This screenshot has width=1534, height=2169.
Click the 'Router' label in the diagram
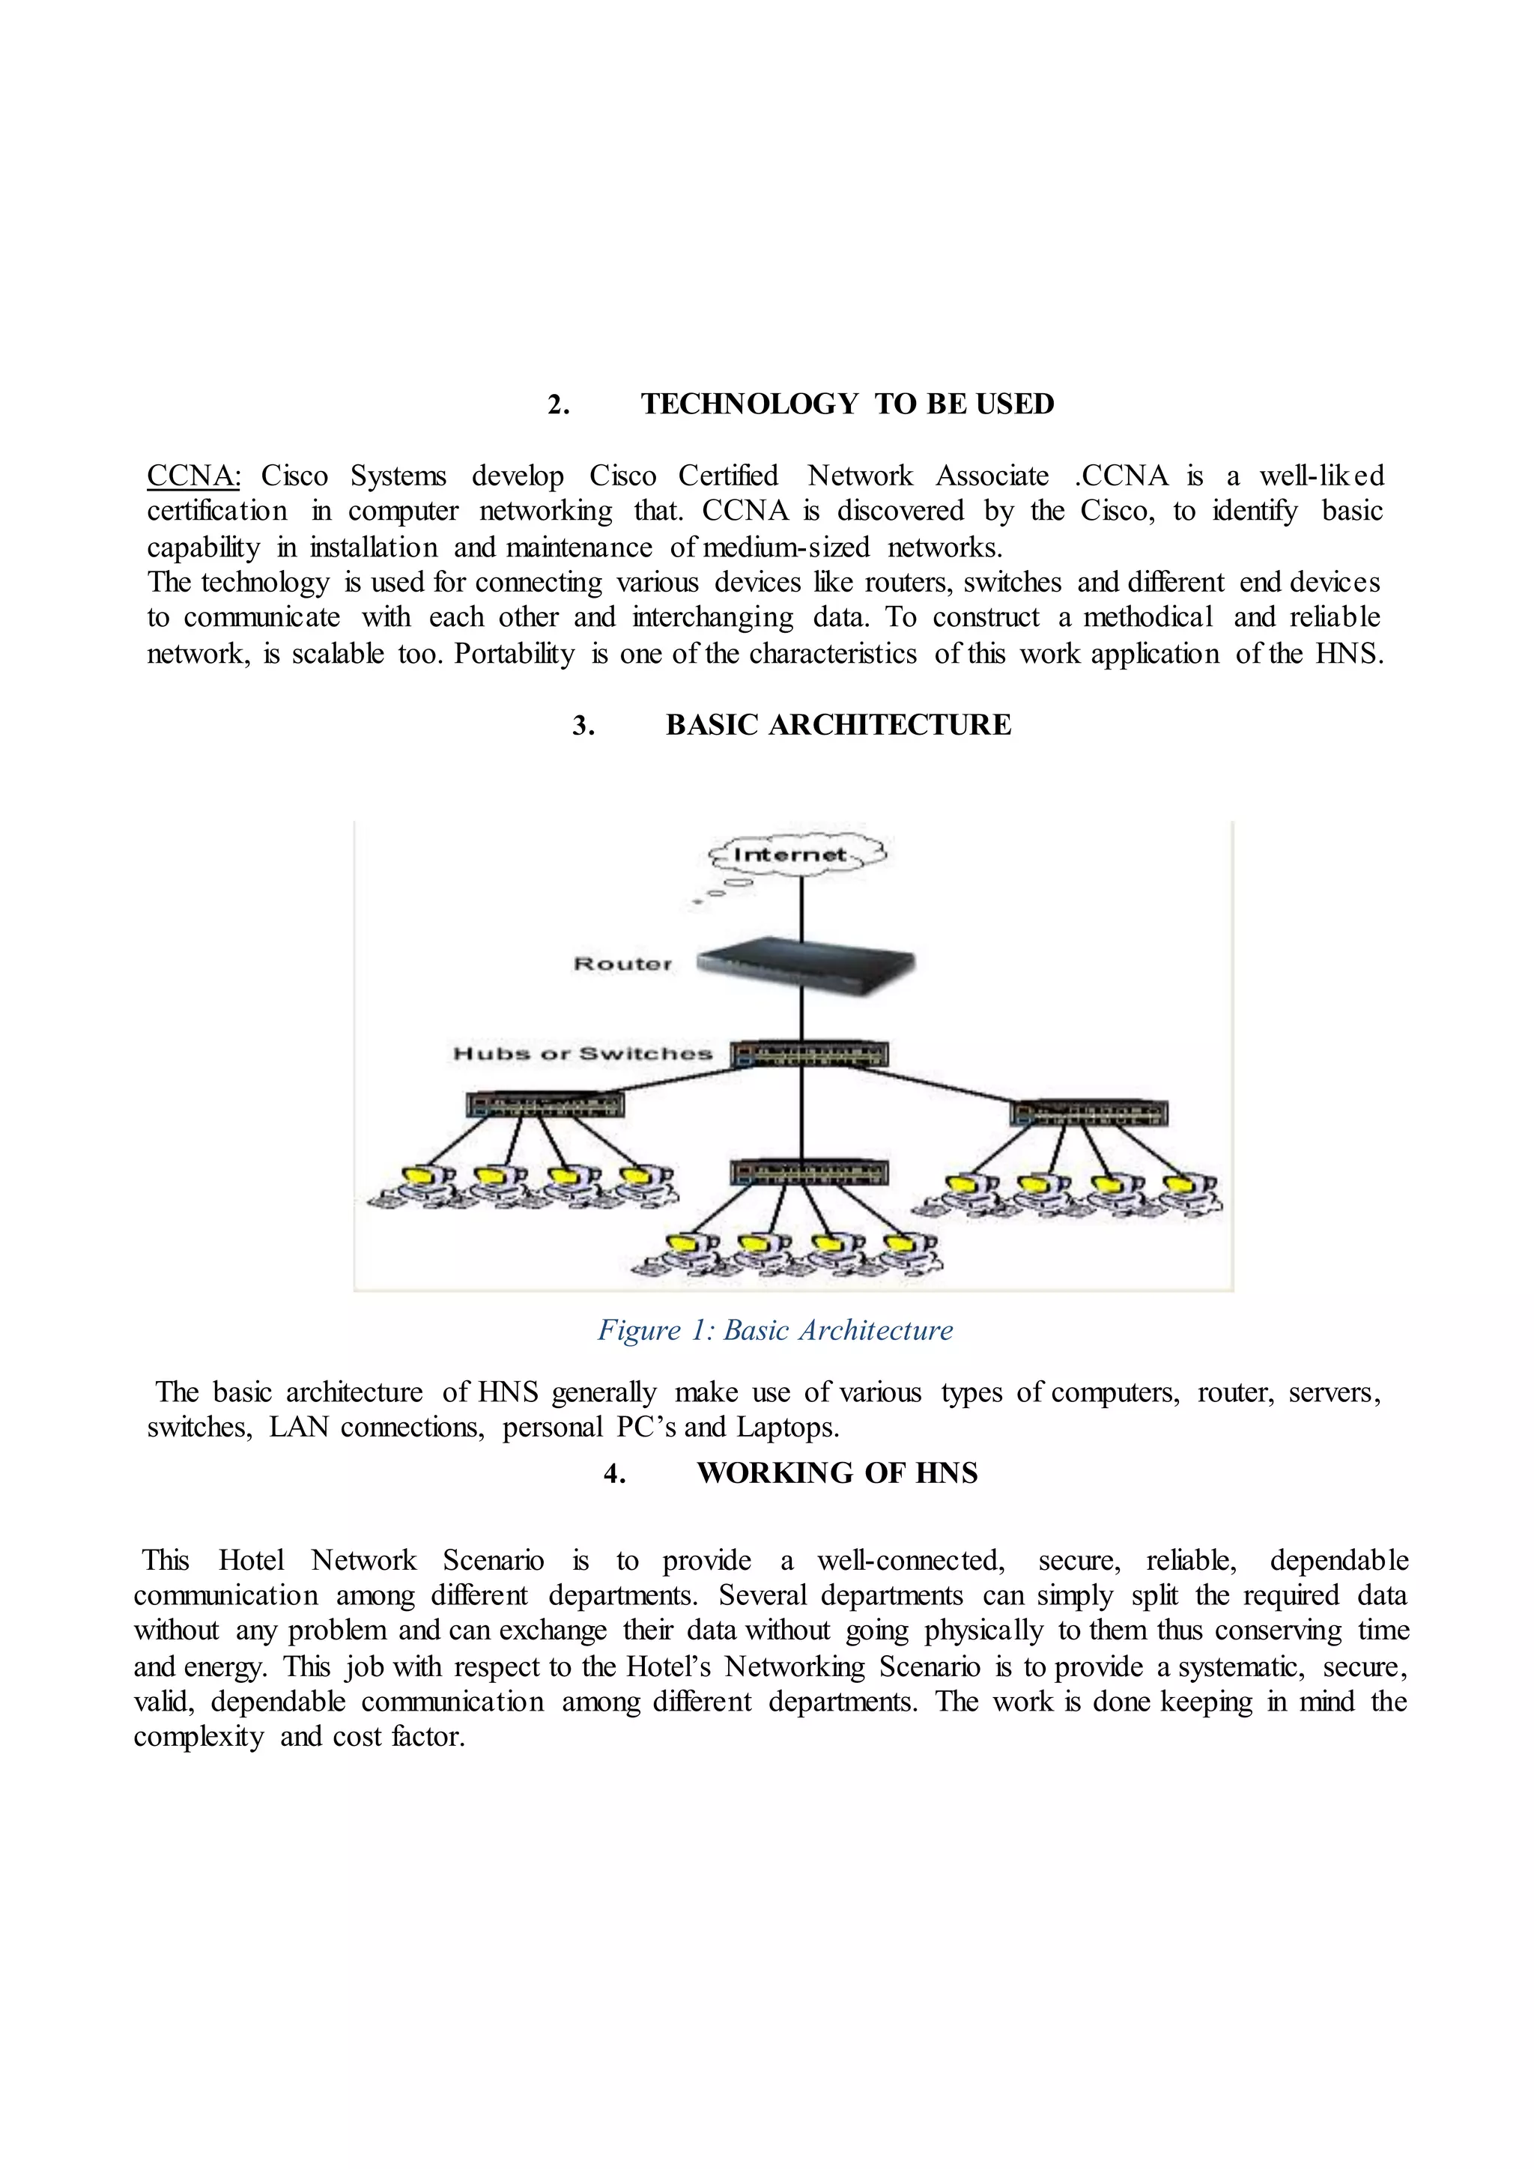pyautogui.click(x=622, y=964)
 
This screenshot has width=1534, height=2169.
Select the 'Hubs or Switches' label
pyautogui.click(x=583, y=1053)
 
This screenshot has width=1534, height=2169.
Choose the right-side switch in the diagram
pyautogui.click(x=1088, y=1113)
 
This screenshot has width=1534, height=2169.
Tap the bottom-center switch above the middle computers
pyautogui.click(x=810, y=1172)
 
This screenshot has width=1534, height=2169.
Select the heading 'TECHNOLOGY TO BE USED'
pyautogui.click(x=847, y=404)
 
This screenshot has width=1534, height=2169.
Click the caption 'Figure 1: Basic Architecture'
pyautogui.click(x=774, y=1330)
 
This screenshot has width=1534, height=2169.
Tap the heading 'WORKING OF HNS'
pyautogui.click(x=837, y=1472)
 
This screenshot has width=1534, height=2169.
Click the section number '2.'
pyautogui.click(x=558, y=404)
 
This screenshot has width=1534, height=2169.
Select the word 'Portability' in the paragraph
pyautogui.click(x=514, y=654)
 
